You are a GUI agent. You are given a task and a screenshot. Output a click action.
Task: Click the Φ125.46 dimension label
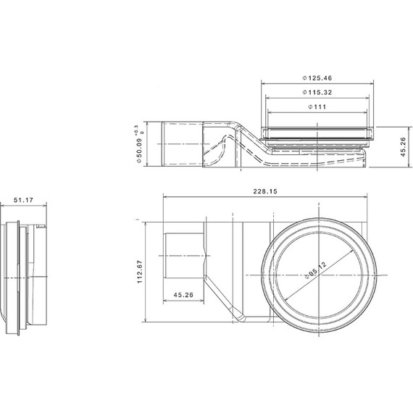[317, 78]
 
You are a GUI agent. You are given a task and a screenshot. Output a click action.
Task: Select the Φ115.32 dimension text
[317, 93]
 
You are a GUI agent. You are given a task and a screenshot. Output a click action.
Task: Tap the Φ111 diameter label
[317, 107]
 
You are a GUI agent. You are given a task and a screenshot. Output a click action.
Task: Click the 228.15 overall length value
[265, 191]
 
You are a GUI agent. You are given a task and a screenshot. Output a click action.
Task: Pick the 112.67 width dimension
[140, 272]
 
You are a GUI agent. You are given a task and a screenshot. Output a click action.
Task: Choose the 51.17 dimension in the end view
[23, 200]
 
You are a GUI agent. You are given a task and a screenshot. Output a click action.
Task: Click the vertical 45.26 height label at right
[403, 147]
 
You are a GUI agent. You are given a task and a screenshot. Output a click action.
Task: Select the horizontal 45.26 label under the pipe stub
[183, 295]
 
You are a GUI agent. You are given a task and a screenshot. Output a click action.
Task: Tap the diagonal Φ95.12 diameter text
[315, 270]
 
